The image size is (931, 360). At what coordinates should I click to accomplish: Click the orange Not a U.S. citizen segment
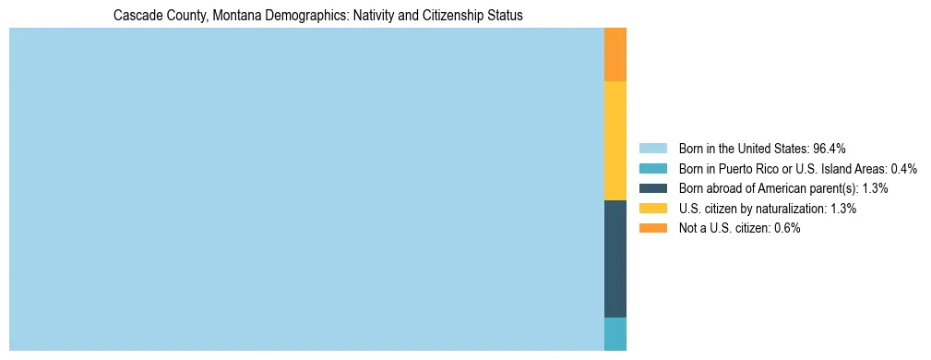[615, 54]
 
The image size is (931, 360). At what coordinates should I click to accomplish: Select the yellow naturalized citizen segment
[615, 140]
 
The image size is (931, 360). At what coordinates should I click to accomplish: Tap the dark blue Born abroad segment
[615, 258]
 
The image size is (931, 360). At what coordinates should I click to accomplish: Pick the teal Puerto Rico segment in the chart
[615, 334]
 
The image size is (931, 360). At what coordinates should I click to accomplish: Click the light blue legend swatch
[652, 149]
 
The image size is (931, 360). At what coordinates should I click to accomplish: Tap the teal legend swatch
[652, 169]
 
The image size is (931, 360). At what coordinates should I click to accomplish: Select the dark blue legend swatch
[652, 188]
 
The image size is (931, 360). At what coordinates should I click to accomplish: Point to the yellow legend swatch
[652, 209]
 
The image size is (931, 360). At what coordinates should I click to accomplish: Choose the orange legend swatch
[652, 228]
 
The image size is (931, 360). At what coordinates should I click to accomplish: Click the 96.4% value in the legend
[830, 149]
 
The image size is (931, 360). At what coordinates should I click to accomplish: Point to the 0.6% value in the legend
[787, 228]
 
